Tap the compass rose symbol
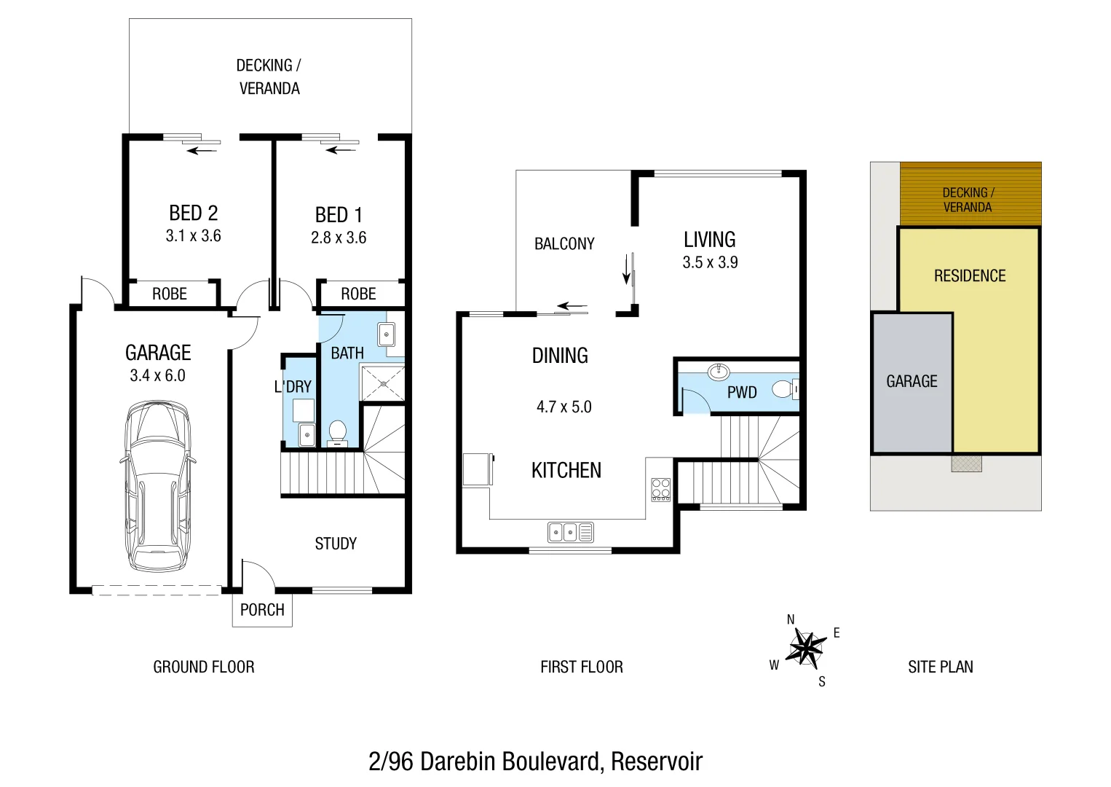point(805,646)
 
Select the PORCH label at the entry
point(262,610)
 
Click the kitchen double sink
point(570,532)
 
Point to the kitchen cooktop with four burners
point(660,489)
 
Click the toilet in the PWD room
point(785,390)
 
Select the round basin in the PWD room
point(719,372)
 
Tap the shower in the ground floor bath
point(384,383)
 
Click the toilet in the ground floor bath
point(338,432)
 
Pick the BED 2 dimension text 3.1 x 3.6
point(193,236)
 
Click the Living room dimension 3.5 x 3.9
point(710,262)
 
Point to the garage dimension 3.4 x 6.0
point(157,375)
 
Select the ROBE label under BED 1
point(358,294)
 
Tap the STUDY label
point(336,544)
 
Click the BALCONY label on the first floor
point(564,244)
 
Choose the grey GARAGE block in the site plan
point(912,382)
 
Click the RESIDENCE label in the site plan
point(970,276)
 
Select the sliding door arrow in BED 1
point(341,150)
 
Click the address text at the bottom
point(535,761)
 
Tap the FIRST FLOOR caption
point(581,667)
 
